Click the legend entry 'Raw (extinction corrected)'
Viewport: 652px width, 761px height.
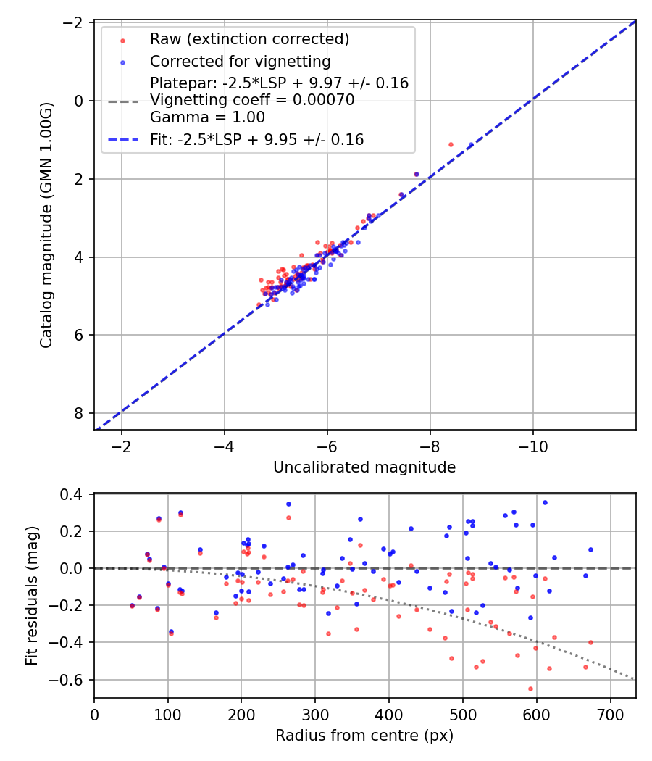(249, 38)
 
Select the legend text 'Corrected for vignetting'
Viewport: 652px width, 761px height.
(240, 61)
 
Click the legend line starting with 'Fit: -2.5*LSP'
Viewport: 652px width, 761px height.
(256, 140)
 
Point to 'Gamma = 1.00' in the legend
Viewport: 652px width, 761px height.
(207, 117)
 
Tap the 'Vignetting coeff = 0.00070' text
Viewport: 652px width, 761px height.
(252, 101)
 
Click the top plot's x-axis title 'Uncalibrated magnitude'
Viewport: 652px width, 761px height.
(364, 467)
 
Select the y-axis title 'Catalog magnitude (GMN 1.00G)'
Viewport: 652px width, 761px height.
(46, 225)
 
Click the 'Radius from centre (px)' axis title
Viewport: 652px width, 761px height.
(364, 736)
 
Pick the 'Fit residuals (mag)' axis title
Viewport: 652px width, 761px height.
(32, 596)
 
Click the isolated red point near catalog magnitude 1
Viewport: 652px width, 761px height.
(451, 144)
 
